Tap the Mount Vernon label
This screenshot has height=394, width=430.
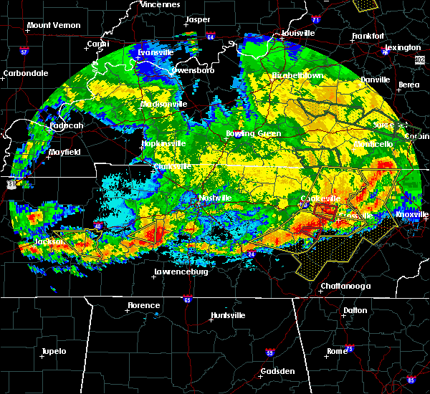click(x=53, y=26)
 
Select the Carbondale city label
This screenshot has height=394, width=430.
click(x=25, y=73)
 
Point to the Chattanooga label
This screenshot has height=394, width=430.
click(x=345, y=286)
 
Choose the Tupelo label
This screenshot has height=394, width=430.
click(x=53, y=351)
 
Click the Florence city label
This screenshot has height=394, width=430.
click(x=143, y=305)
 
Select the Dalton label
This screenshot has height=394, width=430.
click(x=355, y=310)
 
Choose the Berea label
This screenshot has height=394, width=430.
click(x=408, y=85)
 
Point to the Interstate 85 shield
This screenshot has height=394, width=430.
click(x=411, y=379)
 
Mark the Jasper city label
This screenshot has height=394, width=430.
click(x=198, y=20)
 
